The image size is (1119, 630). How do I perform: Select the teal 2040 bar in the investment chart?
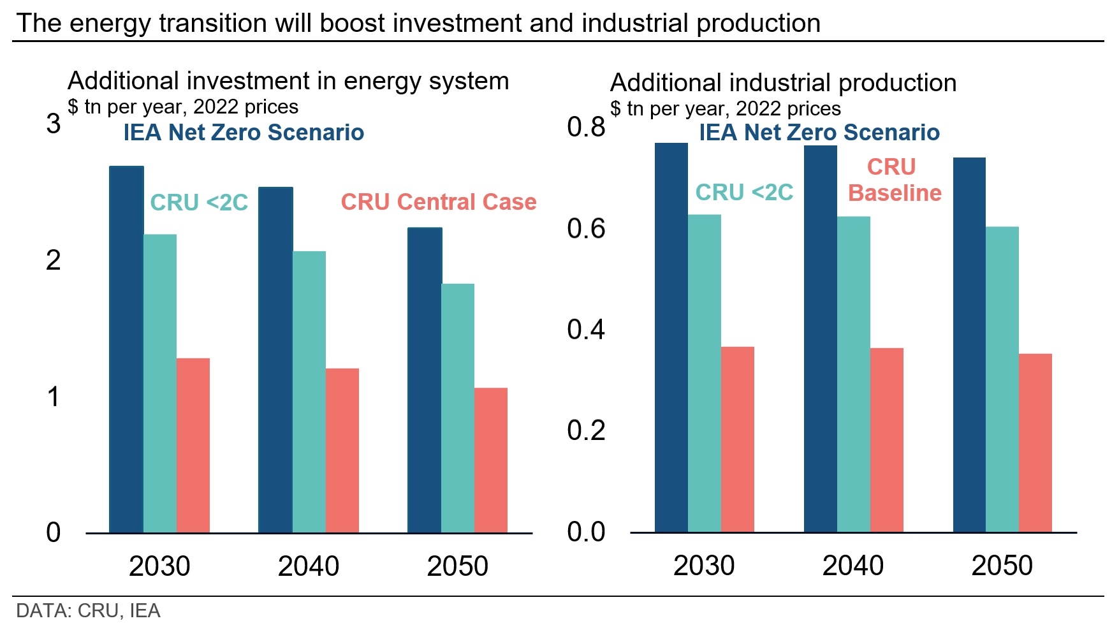[x=309, y=392]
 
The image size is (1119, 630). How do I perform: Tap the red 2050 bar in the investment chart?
[x=491, y=460]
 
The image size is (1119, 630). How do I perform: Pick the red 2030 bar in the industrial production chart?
[x=738, y=439]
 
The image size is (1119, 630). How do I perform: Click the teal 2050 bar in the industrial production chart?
[x=1002, y=379]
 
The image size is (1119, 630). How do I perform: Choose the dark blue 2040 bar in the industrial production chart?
[x=821, y=339]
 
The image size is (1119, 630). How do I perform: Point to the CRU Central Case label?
[x=439, y=202]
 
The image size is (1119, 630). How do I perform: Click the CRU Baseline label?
[x=894, y=180]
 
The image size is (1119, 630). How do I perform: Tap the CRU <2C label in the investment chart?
[x=199, y=203]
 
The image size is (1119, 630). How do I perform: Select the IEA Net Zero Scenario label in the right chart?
[x=819, y=133]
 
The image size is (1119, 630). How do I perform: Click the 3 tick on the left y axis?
[x=54, y=124]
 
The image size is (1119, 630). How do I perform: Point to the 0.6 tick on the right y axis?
[x=586, y=228]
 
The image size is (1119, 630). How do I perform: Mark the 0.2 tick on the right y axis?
[x=586, y=430]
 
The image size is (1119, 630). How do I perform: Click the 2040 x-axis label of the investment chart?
[x=309, y=566]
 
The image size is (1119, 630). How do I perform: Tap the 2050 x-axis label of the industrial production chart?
[x=1002, y=566]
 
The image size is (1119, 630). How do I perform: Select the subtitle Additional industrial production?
[x=783, y=83]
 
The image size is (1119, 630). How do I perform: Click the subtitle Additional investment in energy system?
[x=288, y=81]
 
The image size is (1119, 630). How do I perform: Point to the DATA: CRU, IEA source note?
[x=88, y=611]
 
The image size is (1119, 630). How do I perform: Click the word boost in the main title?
[x=352, y=24]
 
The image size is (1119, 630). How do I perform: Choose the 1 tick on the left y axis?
[x=54, y=397]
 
